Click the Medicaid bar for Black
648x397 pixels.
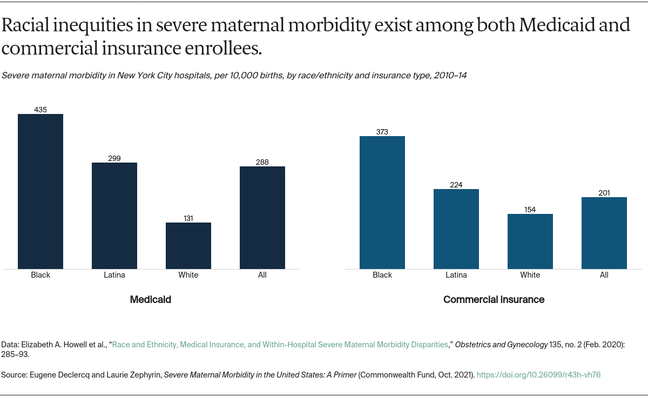pos(40,191)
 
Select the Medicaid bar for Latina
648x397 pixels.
pos(114,216)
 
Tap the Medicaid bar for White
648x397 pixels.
pos(188,246)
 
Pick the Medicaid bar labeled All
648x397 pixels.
pos(262,218)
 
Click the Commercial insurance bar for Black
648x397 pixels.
pos(382,203)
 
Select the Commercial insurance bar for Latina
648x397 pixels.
pos(456,229)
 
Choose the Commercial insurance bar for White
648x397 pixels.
pos(530,241)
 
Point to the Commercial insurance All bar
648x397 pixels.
pos(604,233)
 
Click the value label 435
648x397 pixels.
pos(40,110)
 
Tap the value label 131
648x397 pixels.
pos(188,218)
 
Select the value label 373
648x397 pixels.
pos(382,132)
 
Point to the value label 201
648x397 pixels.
pos(604,193)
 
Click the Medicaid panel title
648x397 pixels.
pos(151,299)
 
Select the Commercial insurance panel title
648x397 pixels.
pos(494,299)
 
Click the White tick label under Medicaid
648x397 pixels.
pos(188,275)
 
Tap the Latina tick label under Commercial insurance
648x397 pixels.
pos(456,275)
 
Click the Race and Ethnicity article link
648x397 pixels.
pos(280,344)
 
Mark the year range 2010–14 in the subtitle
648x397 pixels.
pos(449,76)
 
